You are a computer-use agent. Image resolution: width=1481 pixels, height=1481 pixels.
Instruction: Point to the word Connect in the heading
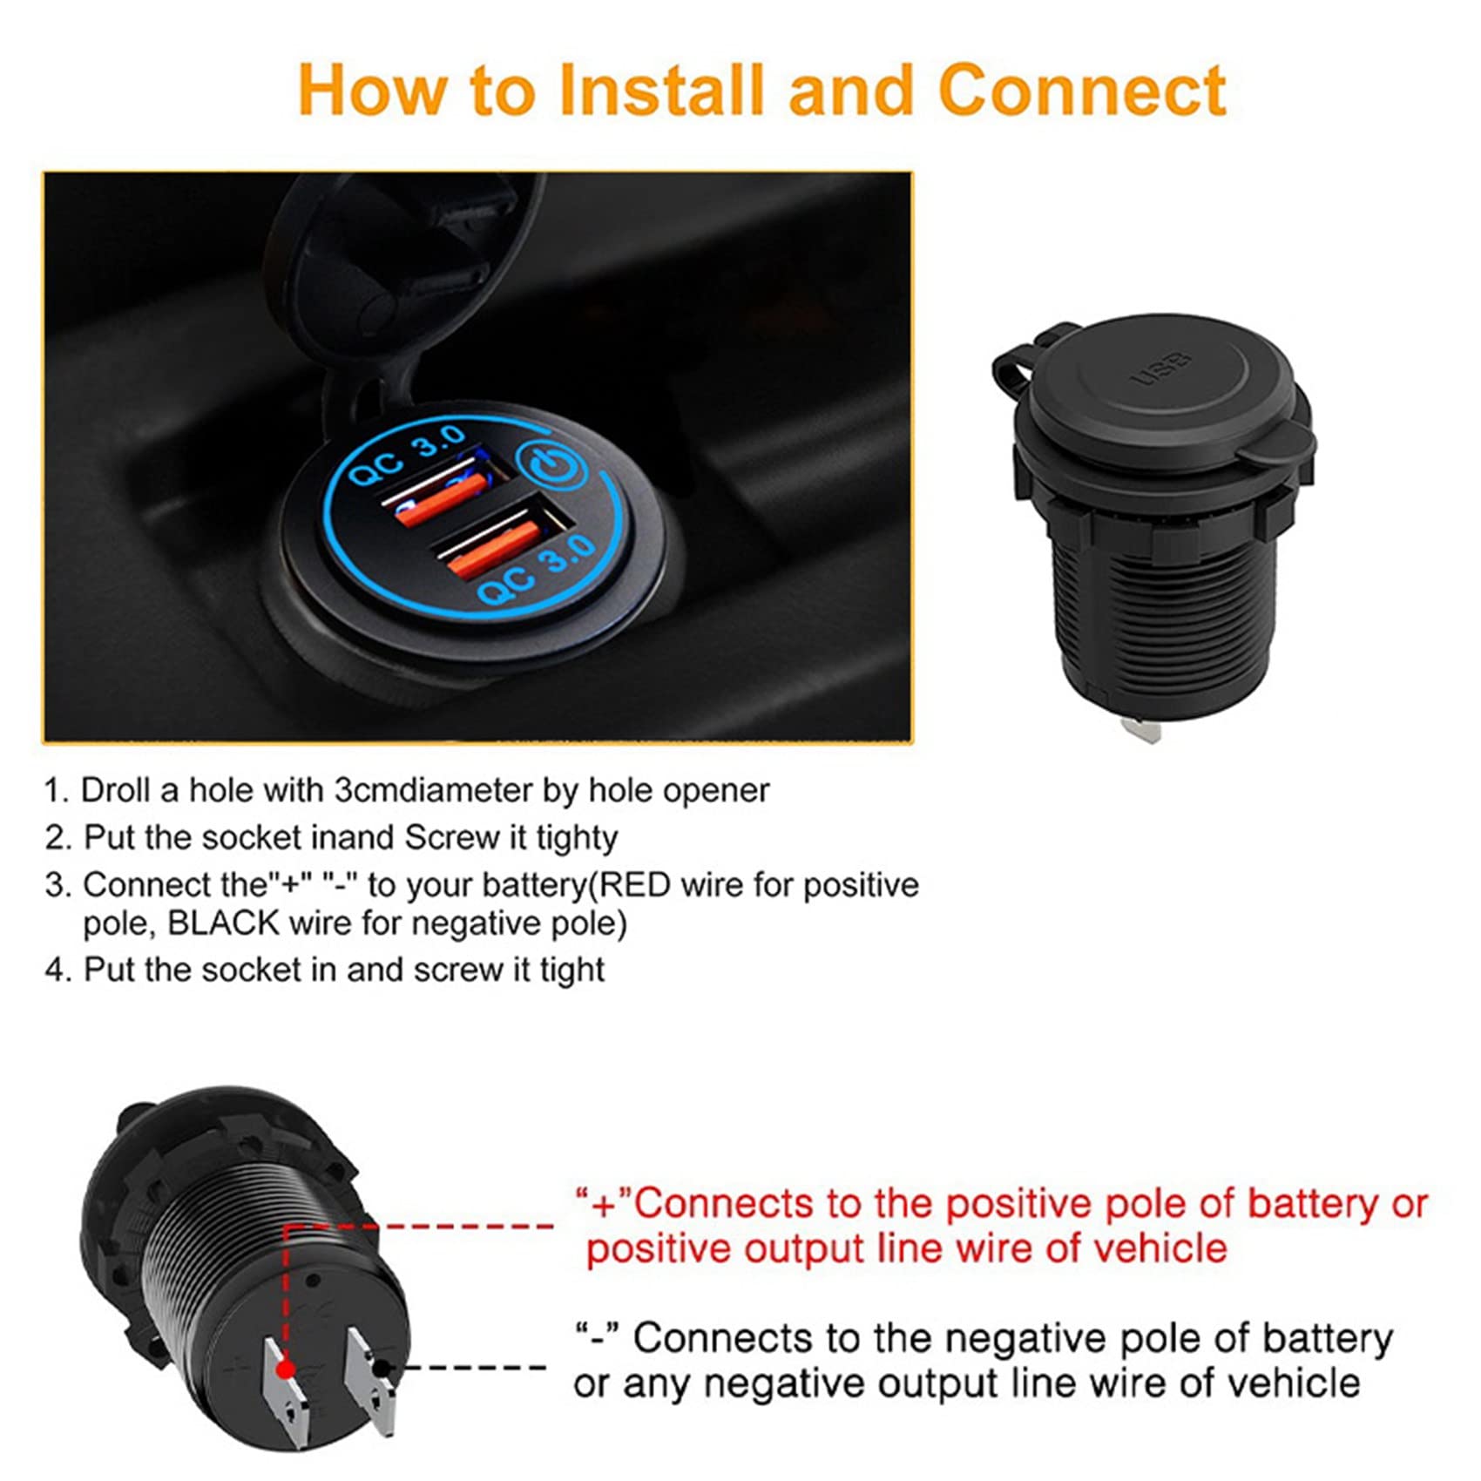tap(1083, 90)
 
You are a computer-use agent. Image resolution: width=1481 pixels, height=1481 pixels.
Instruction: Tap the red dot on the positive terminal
tap(285, 1370)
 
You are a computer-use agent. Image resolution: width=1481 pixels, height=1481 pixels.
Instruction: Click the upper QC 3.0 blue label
tap(409, 457)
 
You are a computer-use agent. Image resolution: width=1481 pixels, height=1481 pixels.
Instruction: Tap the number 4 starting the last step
tap(54, 970)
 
